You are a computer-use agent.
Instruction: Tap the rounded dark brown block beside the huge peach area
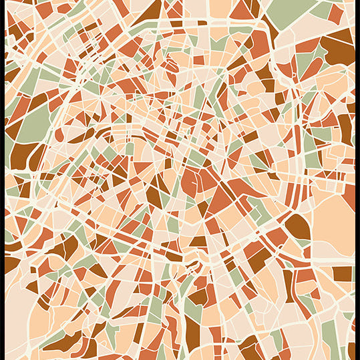tap(298, 227)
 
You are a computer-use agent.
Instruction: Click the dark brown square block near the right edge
tap(342, 273)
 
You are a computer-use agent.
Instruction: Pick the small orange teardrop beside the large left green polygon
tap(59, 134)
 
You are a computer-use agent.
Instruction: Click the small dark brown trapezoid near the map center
tap(198, 241)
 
